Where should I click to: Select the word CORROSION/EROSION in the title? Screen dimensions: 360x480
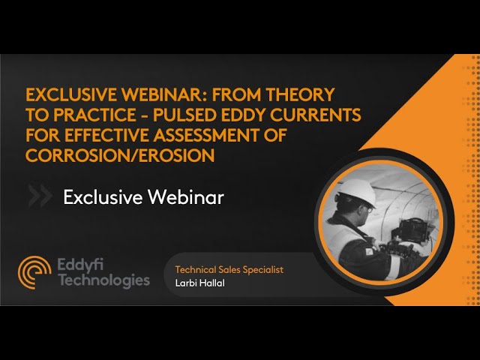[121, 155]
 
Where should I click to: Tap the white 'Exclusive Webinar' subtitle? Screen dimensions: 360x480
[144, 197]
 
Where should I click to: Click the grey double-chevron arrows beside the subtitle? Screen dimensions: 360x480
[40, 196]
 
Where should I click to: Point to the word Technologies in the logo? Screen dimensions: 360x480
[104, 280]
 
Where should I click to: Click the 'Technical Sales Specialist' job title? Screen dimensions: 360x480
[230, 268]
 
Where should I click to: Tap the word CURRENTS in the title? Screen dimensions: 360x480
[323, 115]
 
